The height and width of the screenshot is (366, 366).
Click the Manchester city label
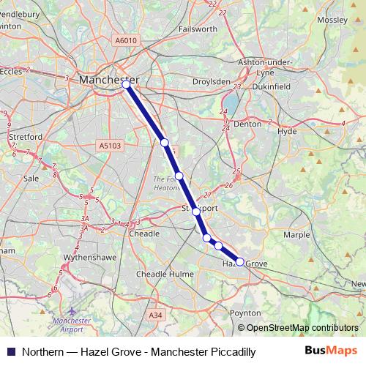(x=108, y=79)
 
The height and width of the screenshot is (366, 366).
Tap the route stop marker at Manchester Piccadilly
(x=126, y=85)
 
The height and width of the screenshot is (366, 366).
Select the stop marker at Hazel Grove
(x=239, y=261)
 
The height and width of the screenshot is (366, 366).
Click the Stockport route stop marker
(x=195, y=211)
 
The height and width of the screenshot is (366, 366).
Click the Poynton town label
(x=246, y=313)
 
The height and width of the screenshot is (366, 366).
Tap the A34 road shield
(x=154, y=314)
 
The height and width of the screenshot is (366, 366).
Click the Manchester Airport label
(x=72, y=325)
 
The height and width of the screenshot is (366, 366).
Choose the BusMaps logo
(x=329, y=351)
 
